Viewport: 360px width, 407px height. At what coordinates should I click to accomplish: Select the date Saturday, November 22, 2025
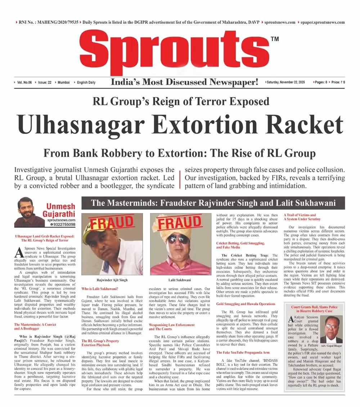click(285, 82)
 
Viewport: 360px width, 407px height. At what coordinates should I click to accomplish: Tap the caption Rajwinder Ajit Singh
click(112, 279)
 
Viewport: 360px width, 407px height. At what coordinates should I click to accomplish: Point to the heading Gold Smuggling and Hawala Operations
click(246, 304)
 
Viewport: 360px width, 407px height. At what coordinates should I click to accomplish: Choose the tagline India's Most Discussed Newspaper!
click(184, 82)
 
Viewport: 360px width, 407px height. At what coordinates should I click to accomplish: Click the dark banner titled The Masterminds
click(213, 203)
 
